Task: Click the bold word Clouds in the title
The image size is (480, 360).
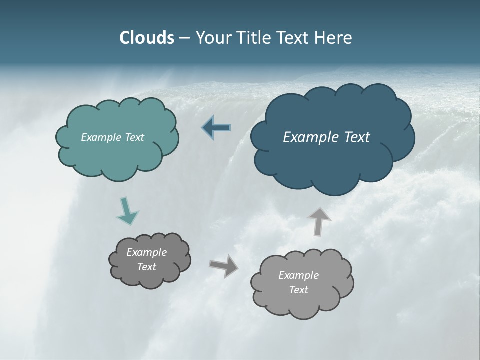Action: [147, 38]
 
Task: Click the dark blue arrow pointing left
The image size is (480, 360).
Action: [216, 128]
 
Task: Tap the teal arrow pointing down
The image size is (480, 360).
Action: [127, 211]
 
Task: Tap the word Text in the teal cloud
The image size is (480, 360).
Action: [135, 137]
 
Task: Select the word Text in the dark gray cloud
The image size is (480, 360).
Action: [147, 267]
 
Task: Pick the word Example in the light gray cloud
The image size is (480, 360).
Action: [298, 275]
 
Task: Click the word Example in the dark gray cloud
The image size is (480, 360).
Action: [147, 252]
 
